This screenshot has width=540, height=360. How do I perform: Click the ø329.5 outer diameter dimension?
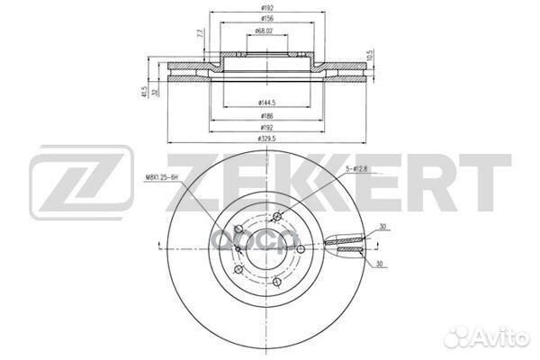[265, 139]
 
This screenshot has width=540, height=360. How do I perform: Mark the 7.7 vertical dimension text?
[199, 37]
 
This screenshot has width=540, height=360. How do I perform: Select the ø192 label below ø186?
[265, 128]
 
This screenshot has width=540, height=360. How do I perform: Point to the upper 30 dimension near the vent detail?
[382, 227]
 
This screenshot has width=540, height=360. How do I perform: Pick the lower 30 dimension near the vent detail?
[382, 263]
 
